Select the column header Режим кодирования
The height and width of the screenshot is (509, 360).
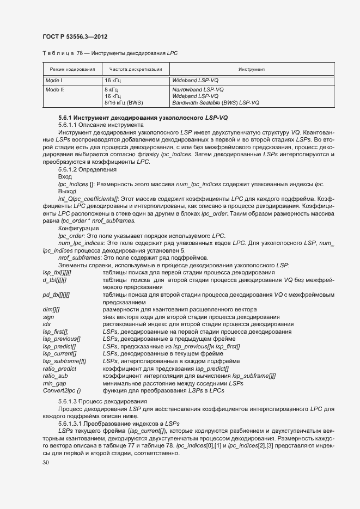pos(72,70)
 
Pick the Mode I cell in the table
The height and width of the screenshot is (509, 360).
pos(54,80)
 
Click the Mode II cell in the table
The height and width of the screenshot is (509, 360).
pos(54,89)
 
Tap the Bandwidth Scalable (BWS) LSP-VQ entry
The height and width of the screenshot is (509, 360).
pos(215,102)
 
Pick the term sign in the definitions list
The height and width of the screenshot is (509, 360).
pos(48,316)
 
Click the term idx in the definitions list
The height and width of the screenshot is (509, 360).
pos(47,324)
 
